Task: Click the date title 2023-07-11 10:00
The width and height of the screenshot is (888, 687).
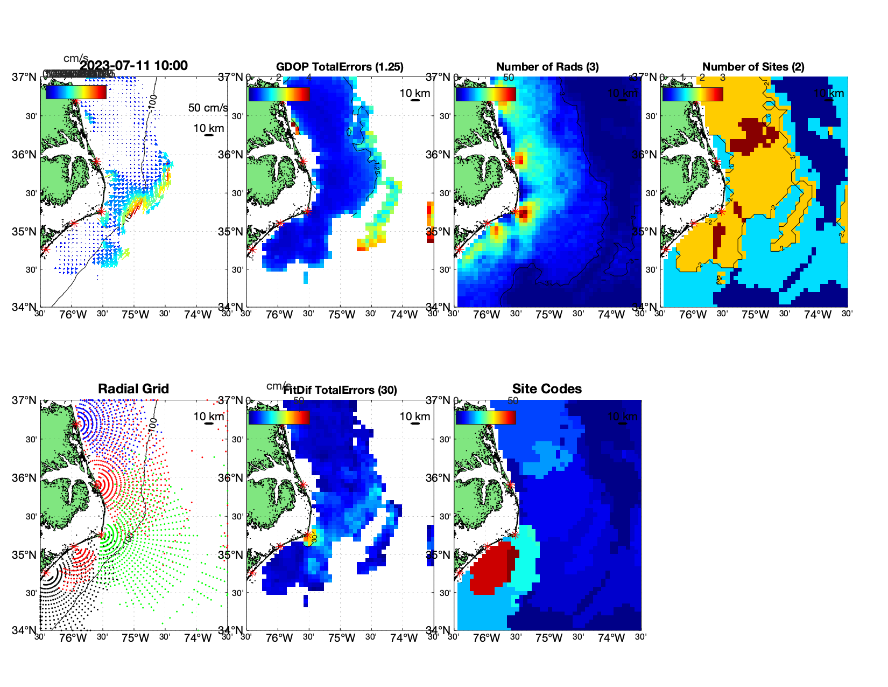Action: tap(133, 66)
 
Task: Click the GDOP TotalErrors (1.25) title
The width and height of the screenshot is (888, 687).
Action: tap(340, 67)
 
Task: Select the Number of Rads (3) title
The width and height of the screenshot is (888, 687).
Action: tap(547, 67)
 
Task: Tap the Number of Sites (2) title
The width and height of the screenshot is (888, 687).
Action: tap(753, 67)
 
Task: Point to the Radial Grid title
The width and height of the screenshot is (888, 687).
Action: tap(133, 389)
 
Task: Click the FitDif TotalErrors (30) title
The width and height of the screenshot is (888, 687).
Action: tap(340, 390)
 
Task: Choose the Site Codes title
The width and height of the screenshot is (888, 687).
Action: tap(547, 389)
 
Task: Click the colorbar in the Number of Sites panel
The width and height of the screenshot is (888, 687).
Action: tap(693, 94)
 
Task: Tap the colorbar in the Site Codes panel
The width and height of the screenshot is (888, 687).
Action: tap(485, 417)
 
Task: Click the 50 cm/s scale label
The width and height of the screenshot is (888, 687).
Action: tap(208, 108)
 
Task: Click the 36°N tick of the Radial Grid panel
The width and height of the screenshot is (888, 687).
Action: tap(24, 478)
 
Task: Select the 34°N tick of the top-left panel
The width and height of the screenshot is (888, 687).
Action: tap(24, 307)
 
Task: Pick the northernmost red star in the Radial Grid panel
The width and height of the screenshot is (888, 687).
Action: tap(76, 424)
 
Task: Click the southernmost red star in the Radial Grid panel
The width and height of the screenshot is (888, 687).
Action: tap(46, 573)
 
